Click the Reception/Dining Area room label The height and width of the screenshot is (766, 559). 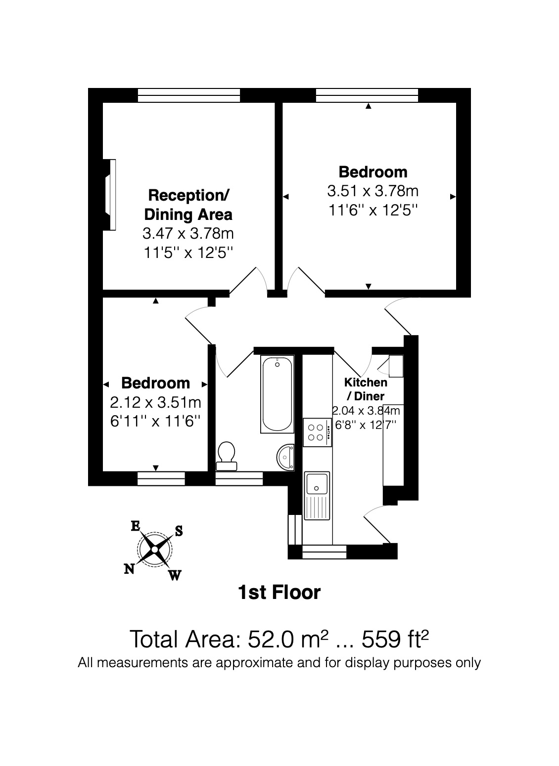pos(188,205)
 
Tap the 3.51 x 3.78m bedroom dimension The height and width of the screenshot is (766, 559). pos(373,191)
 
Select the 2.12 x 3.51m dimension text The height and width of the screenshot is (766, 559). pos(155,402)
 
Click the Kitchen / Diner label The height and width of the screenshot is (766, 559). pos(366,389)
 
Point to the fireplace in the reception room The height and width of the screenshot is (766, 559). pos(110,194)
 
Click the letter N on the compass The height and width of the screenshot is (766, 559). pos(130,569)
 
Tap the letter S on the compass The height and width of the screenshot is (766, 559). pos(179,531)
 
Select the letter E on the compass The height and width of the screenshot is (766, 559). pos(135,526)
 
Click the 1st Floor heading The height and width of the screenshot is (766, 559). pos(279,592)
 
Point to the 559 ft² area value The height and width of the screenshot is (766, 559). pos(395,639)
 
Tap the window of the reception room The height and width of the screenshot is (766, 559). pos(189,95)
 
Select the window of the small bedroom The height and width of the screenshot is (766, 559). pos(161,478)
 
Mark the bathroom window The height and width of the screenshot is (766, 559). pos(239,478)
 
